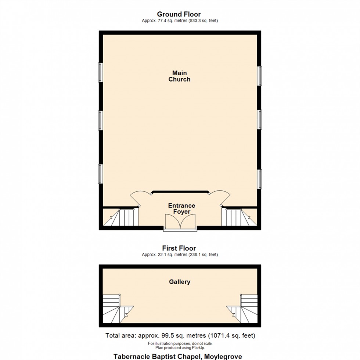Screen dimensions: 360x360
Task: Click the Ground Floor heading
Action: pos(179,14)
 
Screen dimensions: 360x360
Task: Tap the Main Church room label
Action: pos(179,76)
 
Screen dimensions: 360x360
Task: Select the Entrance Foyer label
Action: pos(181,209)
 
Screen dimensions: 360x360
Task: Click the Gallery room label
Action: pos(180,282)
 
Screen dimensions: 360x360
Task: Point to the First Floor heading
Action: pos(179,248)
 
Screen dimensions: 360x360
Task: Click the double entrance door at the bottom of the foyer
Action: pos(180,222)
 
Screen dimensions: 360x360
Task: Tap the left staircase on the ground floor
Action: pos(121,217)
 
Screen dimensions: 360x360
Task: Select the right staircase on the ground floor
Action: pos(238,217)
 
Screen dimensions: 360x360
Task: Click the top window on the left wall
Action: pos(100,72)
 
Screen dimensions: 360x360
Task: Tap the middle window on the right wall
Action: pos(259,120)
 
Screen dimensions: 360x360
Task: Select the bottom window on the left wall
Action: pos(100,174)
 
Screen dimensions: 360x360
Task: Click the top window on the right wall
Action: pos(259,76)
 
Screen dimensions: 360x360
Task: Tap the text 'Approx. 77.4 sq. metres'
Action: pos(165,21)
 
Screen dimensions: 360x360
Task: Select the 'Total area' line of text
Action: pos(180,335)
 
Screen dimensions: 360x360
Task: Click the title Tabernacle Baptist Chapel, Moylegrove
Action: pos(177,356)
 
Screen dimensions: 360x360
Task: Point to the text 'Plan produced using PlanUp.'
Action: pos(180,348)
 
